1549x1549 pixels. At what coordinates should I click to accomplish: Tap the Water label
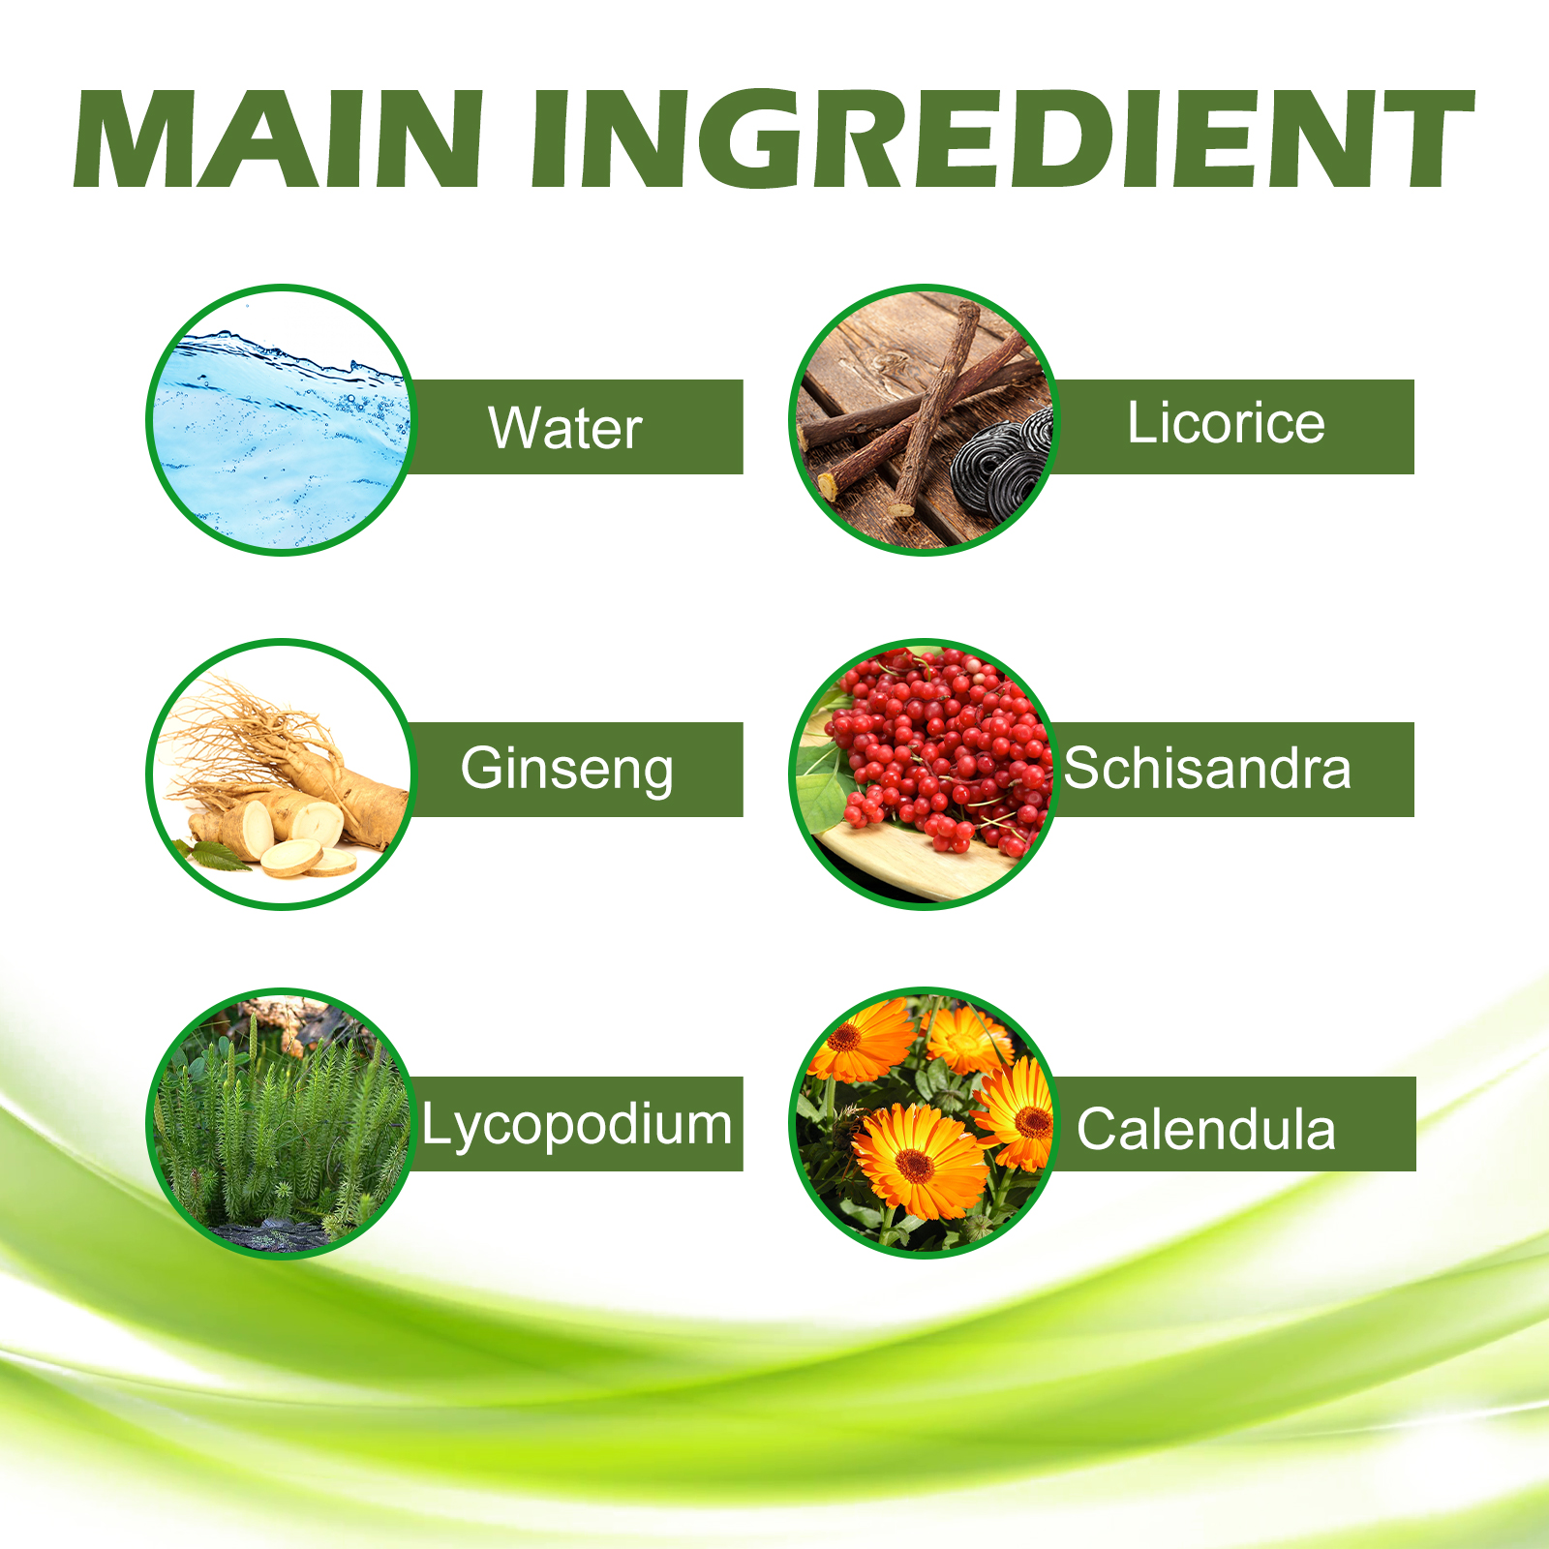point(565,428)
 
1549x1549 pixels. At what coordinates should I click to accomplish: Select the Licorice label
point(1226,423)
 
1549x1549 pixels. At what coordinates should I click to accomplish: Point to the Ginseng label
point(567,771)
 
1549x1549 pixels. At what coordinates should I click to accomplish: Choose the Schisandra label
point(1207,769)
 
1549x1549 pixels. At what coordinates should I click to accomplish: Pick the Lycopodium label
point(577,1126)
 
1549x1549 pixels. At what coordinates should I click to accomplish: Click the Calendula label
point(1206,1129)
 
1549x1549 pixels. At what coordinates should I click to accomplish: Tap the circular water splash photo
point(281,420)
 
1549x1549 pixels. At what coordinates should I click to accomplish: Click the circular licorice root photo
point(925,420)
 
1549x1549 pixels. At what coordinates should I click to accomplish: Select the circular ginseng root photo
point(281,774)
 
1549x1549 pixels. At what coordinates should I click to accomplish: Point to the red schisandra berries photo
point(925,774)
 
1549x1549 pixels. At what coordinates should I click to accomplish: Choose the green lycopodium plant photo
point(281,1123)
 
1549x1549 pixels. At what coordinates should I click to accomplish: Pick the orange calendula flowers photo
point(925,1123)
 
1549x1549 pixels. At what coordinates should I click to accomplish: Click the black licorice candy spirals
point(1002,470)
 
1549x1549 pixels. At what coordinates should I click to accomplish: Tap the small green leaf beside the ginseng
point(215,856)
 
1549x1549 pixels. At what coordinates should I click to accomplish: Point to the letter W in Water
point(514,428)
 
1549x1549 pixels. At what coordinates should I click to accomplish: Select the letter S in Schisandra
point(1082,769)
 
